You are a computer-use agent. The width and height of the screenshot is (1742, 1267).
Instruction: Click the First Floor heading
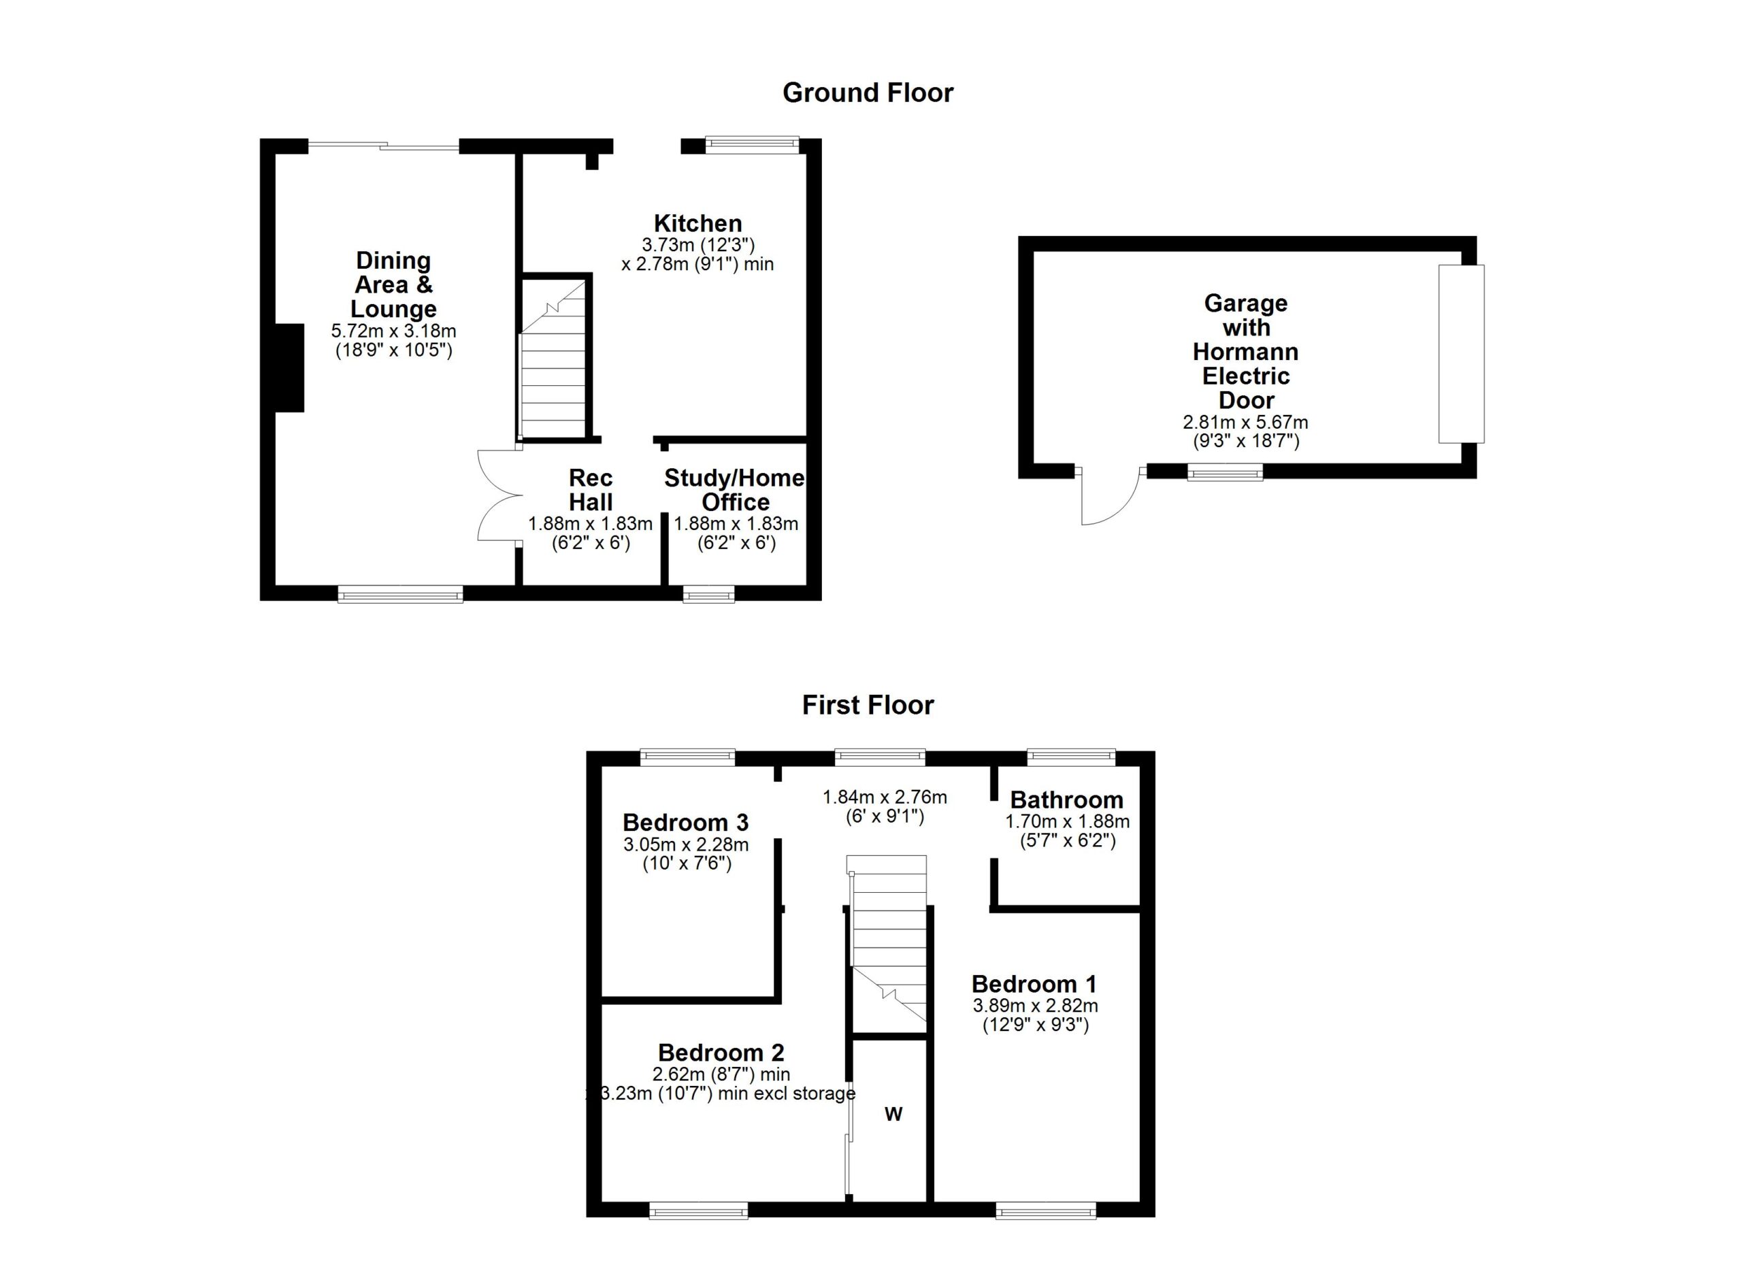click(867, 705)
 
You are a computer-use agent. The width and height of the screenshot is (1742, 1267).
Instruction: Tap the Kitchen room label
click(697, 223)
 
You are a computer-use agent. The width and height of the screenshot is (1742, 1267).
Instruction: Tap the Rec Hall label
click(590, 490)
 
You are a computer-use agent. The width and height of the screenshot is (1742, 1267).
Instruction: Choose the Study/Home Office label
click(734, 490)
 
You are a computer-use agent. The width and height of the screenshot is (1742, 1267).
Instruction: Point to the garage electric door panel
click(1461, 354)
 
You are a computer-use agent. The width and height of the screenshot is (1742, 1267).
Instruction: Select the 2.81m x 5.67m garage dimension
click(1245, 423)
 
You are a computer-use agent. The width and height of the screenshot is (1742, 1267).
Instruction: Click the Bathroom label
click(1066, 800)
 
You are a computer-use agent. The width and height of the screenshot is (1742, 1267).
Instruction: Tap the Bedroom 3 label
click(685, 823)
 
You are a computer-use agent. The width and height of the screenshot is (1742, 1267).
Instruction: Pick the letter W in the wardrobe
click(893, 1114)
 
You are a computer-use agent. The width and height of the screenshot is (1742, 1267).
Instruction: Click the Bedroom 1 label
click(1034, 984)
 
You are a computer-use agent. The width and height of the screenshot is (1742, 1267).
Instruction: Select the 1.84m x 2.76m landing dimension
click(884, 797)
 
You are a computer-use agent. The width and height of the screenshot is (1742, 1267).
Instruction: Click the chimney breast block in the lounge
click(290, 368)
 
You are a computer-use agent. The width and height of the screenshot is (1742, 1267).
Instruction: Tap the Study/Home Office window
click(708, 593)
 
